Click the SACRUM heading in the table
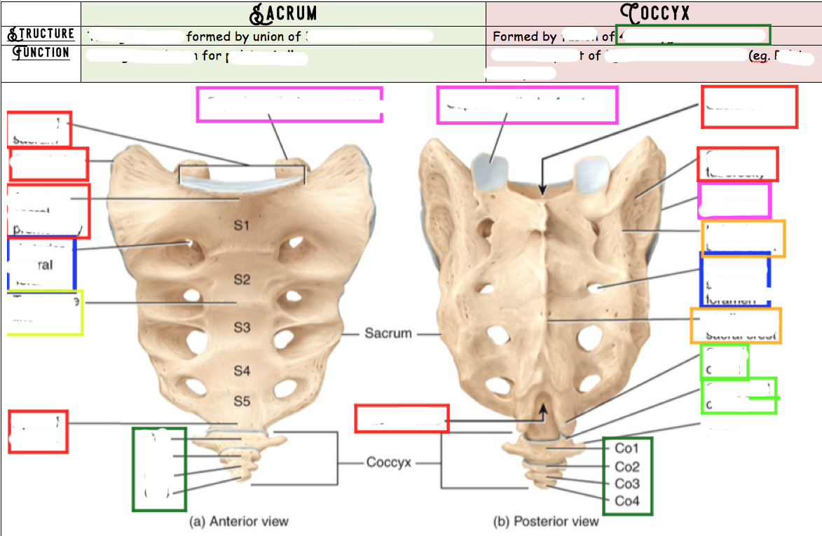283,13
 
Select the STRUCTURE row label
41,34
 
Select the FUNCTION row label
41,53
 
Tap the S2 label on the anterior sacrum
242,280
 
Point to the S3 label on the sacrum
242,327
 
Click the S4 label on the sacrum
242,370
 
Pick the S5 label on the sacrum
242,401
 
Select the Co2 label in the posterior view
627,467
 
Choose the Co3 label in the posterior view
627,484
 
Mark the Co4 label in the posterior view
627,501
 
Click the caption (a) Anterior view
239,521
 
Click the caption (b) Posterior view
547,521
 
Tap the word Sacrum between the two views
388,333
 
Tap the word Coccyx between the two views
389,462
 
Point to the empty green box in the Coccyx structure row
692,35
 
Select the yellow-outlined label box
45,312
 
